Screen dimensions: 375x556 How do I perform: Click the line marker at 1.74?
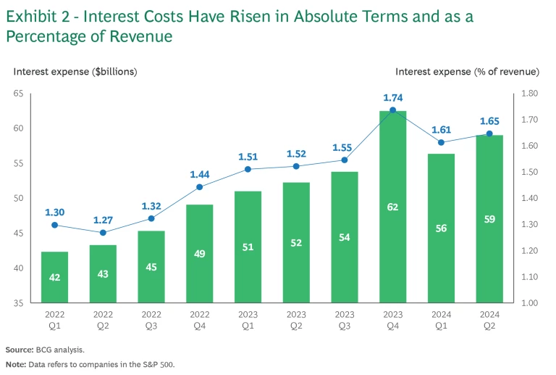pyautogui.click(x=392, y=110)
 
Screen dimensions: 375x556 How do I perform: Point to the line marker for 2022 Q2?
pyautogui.click(x=103, y=233)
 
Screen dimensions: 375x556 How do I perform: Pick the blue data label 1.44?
pyautogui.click(x=200, y=175)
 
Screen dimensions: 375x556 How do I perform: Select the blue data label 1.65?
pyautogui.click(x=489, y=120)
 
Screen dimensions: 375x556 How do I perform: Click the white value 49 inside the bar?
pyautogui.click(x=200, y=254)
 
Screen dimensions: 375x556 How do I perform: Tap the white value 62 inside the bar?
pyautogui.click(x=392, y=207)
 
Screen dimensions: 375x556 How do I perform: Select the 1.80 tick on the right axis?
pyautogui.click(x=529, y=94)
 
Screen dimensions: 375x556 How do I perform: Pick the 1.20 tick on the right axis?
pyautogui.click(x=529, y=251)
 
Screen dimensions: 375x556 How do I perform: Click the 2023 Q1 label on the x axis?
pyautogui.click(x=248, y=320)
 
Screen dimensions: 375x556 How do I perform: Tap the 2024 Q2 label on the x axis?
pyautogui.click(x=489, y=320)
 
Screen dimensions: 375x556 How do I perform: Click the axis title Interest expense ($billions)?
pyautogui.click(x=75, y=71)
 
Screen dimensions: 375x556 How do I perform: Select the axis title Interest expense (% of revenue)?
pyautogui.click(x=467, y=71)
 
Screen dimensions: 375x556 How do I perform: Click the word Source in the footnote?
pyautogui.click(x=20, y=350)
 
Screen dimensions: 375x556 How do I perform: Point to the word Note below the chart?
pyautogui.click(x=17, y=365)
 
